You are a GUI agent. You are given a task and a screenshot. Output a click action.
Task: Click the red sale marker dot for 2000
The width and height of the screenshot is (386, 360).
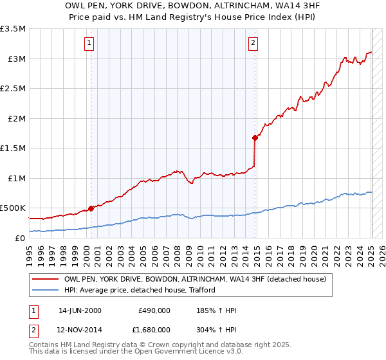click(91, 208)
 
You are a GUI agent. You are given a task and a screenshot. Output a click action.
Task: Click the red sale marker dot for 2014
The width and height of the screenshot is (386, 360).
click(255, 137)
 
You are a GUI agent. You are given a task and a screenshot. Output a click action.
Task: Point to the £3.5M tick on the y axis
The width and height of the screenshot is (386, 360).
click(13, 30)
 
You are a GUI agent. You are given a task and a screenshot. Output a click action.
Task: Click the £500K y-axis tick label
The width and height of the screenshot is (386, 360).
click(13, 208)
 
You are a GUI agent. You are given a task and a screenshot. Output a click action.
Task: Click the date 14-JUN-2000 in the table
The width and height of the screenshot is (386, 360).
click(80, 311)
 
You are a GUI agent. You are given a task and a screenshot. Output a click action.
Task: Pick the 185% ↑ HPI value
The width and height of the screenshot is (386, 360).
click(217, 311)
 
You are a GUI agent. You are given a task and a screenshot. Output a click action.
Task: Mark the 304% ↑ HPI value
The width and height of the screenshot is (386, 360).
click(217, 329)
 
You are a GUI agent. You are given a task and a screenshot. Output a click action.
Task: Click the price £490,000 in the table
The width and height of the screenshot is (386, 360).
click(154, 311)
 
